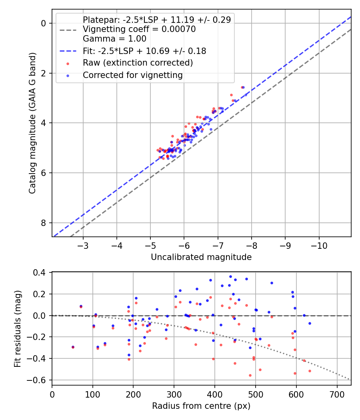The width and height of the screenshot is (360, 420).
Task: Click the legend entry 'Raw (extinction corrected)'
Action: [x=138, y=63]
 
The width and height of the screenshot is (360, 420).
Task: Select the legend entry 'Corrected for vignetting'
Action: [x=132, y=75]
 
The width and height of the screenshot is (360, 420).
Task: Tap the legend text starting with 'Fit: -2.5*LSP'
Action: [x=144, y=51]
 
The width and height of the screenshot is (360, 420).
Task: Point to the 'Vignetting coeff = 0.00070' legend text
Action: [x=139, y=29]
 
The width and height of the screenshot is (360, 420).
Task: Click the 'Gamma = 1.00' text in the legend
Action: [x=115, y=38]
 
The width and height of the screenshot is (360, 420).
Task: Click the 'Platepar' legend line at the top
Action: [x=157, y=20]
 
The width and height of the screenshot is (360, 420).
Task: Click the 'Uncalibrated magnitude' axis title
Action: [x=201, y=257]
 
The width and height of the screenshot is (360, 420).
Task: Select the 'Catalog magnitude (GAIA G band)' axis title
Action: [x=32, y=123]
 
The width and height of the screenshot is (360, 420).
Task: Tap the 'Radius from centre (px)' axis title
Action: [x=201, y=406]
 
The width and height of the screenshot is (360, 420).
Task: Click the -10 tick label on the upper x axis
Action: [x=319, y=245]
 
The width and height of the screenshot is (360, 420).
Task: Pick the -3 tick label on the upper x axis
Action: [x=83, y=245]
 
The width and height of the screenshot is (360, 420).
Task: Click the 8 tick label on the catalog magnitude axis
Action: [x=43, y=223]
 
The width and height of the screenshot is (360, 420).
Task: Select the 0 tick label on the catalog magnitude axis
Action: [x=43, y=23]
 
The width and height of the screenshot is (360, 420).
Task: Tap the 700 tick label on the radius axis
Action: [x=337, y=394]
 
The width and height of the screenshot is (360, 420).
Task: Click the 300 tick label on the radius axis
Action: [x=174, y=394]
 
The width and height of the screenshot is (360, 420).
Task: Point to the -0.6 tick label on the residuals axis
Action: [x=38, y=380]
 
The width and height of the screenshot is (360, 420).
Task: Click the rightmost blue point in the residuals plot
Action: [x=310, y=323]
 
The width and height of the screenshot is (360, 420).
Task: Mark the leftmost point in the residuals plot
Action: [x=73, y=347]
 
